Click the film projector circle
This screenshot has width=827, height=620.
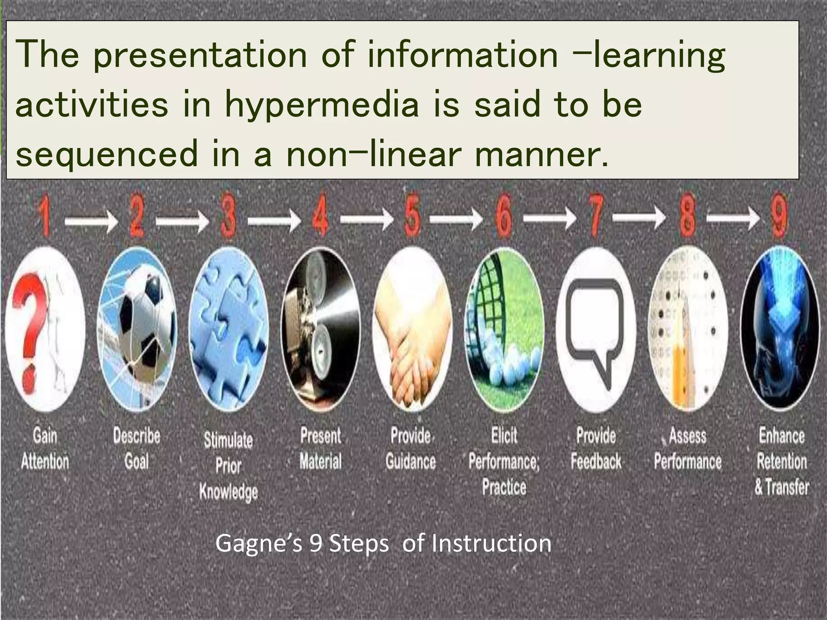[321, 329]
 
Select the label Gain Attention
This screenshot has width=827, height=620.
[45, 449]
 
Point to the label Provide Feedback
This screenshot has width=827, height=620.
[596, 449]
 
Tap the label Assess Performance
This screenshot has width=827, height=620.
[687, 449]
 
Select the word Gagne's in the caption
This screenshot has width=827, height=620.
[258, 543]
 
